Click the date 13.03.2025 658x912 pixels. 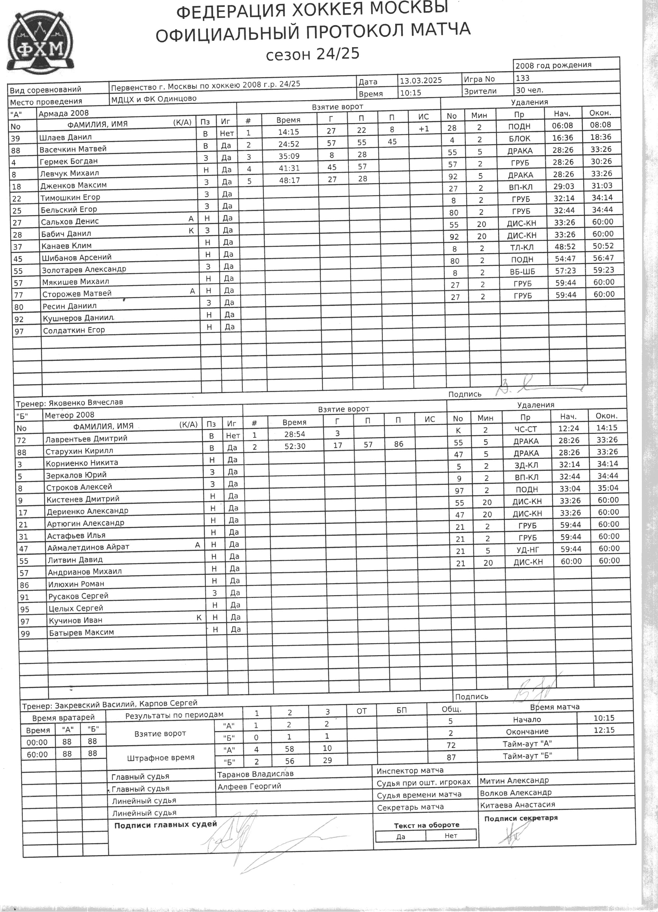pyautogui.click(x=421, y=80)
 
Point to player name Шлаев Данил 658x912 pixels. pyautogui.click(x=65, y=137)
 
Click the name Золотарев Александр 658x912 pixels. pyautogui.click(x=84, y=269)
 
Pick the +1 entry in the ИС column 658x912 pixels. pyautogui.click(x=423, y=129)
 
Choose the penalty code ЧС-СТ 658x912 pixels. pyautogui.click(x=526, y=429)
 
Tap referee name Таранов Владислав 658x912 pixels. pyautogui.click(x=255, y=774)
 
